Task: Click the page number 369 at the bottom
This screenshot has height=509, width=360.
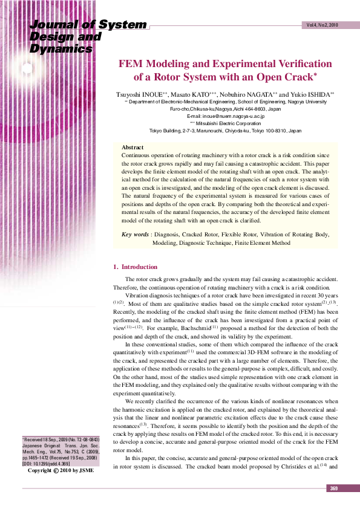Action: tap(333, 488)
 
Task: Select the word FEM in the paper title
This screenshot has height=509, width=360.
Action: tap(130, 63)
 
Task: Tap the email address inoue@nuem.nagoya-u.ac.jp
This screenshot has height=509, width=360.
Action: tap(234, 115)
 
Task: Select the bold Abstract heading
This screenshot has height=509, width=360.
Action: tap(133, 148)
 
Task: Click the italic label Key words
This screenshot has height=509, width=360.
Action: tap(135, 234)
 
